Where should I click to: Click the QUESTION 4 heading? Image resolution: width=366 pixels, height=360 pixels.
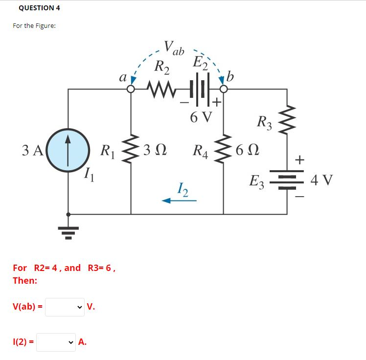tap(39, 8)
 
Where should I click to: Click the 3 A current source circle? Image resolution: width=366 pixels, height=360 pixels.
tap(69, 150)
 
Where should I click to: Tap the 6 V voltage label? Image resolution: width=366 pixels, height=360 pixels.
tap(201, 117)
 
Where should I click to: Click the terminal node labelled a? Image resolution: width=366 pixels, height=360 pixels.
tap(131, 90)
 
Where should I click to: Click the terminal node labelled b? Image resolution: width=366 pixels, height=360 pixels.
tap(224, 90)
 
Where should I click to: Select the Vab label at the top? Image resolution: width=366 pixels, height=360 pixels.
tap(174, 48)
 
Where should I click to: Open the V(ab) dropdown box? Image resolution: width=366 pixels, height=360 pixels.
tap(64, 307)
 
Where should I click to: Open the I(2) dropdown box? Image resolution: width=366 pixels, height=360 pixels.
tap(56, 342)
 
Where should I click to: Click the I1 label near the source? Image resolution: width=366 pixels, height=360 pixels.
tap(88, 172)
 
